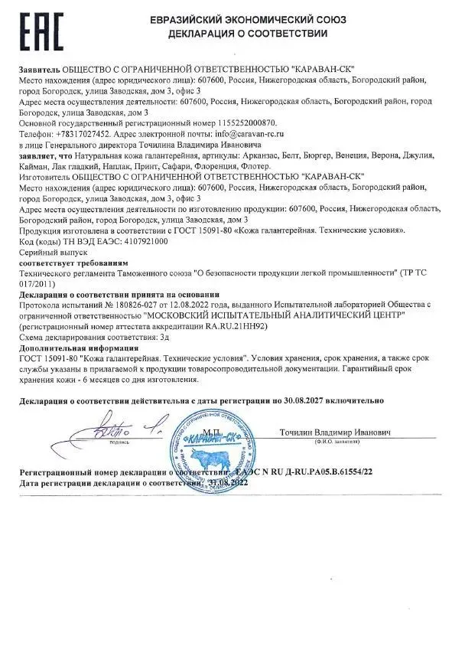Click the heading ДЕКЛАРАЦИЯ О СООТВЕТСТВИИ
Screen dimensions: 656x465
[x=264, y=34]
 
